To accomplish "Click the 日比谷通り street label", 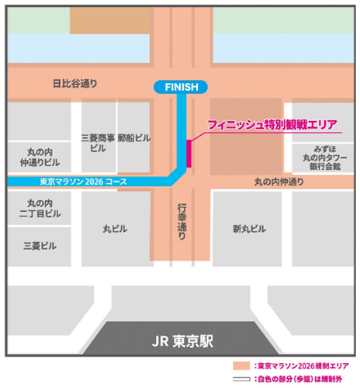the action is coord(73,83).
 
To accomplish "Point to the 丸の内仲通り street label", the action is coord(279,182).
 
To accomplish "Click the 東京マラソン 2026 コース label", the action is coord(85,182).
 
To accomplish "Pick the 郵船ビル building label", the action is coord(137,137).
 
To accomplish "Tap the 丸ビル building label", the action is coord(114,230).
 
